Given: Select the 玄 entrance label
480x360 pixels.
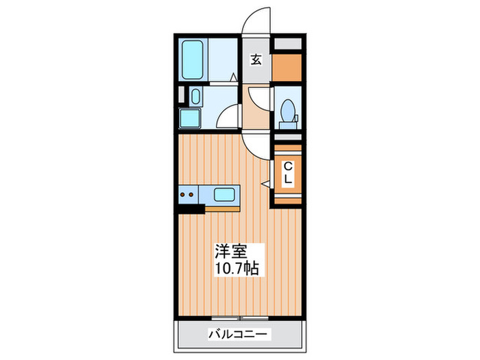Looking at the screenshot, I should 256,60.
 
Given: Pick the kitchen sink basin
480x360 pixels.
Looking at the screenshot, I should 225,195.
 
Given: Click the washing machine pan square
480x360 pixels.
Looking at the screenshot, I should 189,119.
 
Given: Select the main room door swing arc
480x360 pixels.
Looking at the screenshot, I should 254,146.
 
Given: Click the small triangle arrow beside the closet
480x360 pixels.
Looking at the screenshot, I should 265,183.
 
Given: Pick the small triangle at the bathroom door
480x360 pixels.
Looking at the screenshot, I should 234,77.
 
